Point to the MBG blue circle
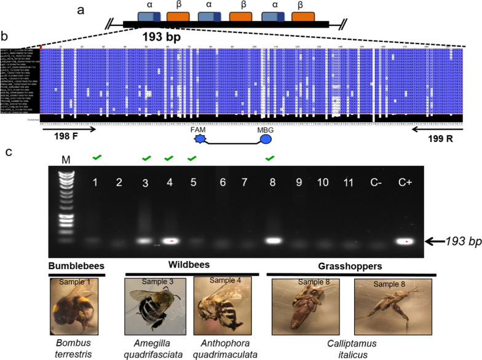pos(266,139)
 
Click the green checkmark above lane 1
pos(97,158)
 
